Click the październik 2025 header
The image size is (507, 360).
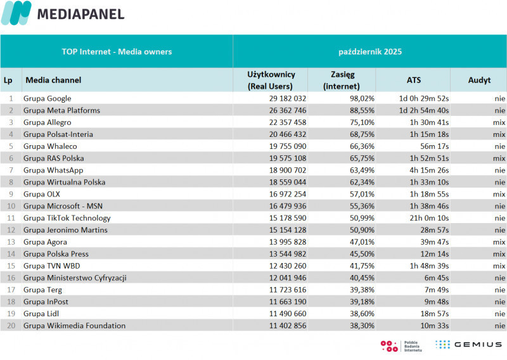tap(370, 51)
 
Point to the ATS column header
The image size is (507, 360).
tap(413, 80)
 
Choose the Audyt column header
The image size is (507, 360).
tap(479, 80)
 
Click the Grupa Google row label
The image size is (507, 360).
tap(48, 98)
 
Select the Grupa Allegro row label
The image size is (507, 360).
tap(47, 122)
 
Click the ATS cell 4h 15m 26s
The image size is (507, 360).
tap(428, 170)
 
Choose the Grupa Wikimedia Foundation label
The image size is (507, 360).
tap(74, 326)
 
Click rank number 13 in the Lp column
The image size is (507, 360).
tap(10, 242)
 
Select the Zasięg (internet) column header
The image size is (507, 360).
tap(342, 80)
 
